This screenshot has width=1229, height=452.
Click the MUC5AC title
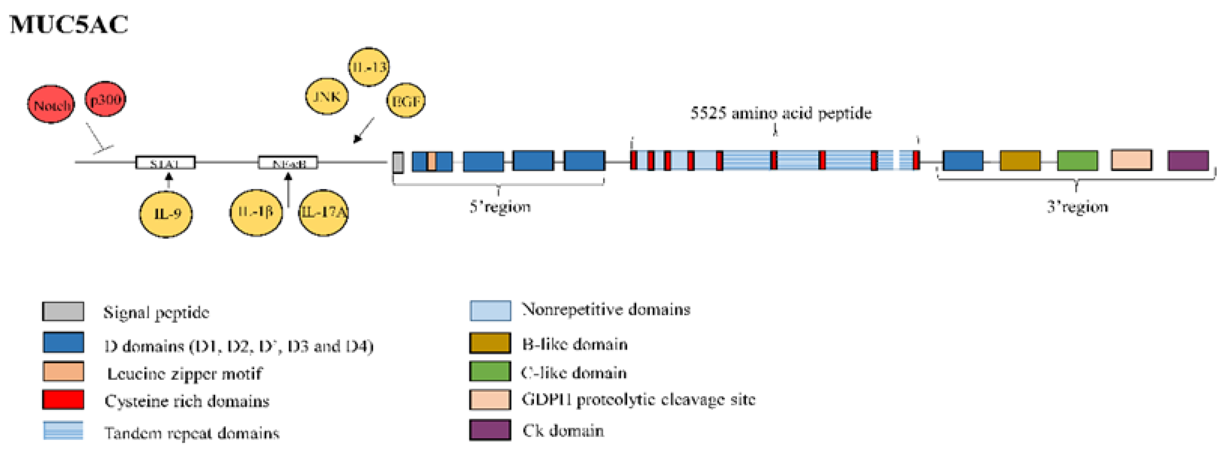(x=69, y=25)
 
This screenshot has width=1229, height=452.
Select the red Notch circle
(x=51, y=104)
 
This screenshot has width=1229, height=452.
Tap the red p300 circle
(x=106, y=99)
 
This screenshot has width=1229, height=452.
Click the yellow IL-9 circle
(x=166, y=214)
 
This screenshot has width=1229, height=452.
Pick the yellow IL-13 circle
(x=368, y=67)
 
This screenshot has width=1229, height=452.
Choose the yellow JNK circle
(x=327, y=97)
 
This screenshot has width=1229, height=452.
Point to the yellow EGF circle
(x=406, y=101)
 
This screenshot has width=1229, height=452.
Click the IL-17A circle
(x=324, y=212)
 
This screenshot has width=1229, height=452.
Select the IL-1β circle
(x=256, y=212)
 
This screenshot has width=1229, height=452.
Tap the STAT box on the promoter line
(x=165, y=163)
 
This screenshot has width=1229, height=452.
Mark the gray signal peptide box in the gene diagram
(x=398, y=162)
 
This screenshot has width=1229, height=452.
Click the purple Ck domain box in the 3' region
(x=1188, y=161)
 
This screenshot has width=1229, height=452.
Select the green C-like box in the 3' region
(x=1077, y=161)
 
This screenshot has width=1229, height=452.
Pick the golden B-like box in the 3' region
(x=1020, y=161)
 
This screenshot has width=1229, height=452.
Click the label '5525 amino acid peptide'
(x=781, y=113)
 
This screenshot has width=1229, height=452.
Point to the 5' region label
(x=499, y=207)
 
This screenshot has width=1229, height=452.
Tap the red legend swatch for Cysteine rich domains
(x=63, y=399)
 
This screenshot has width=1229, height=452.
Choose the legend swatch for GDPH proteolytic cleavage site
(x=490, y=399)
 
